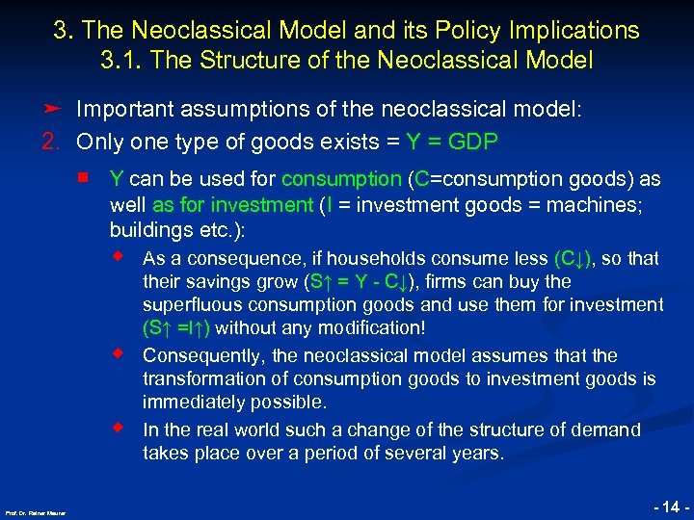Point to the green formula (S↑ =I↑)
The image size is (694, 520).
(x=179, y=328)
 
